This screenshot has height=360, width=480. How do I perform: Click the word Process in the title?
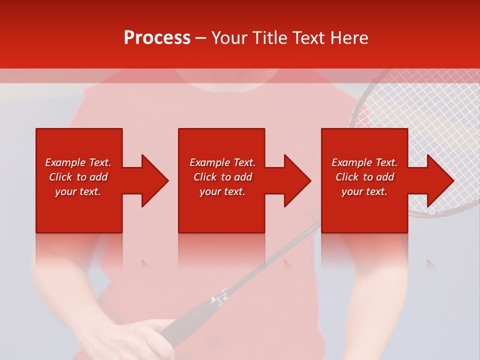tap(157, 38)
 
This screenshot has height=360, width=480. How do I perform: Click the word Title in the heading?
tap(269, 38)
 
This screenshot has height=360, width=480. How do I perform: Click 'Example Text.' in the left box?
tap(78, 162)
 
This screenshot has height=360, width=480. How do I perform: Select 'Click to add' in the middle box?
tap(222, 177)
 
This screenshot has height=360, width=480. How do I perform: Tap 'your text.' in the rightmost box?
tap(364, 191)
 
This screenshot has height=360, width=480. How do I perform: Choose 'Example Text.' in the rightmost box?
tap(364, 162)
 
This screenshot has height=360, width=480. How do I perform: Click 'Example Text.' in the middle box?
tap(222, 162)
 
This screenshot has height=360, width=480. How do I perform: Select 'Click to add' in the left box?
tap(78, 177)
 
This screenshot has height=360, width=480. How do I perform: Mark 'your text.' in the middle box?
tap(222, 191)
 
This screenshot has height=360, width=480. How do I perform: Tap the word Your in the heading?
tap(230, 38)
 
